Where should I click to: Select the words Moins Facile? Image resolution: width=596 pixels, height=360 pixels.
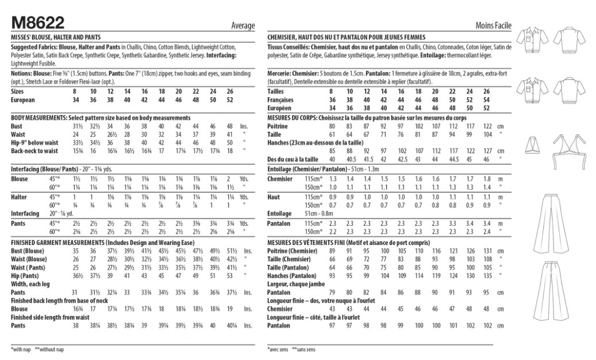coord(494,26)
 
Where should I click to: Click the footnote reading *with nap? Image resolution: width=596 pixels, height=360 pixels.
coord(22,349)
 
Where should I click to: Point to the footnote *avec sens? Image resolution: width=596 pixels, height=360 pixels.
coord(279,349)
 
